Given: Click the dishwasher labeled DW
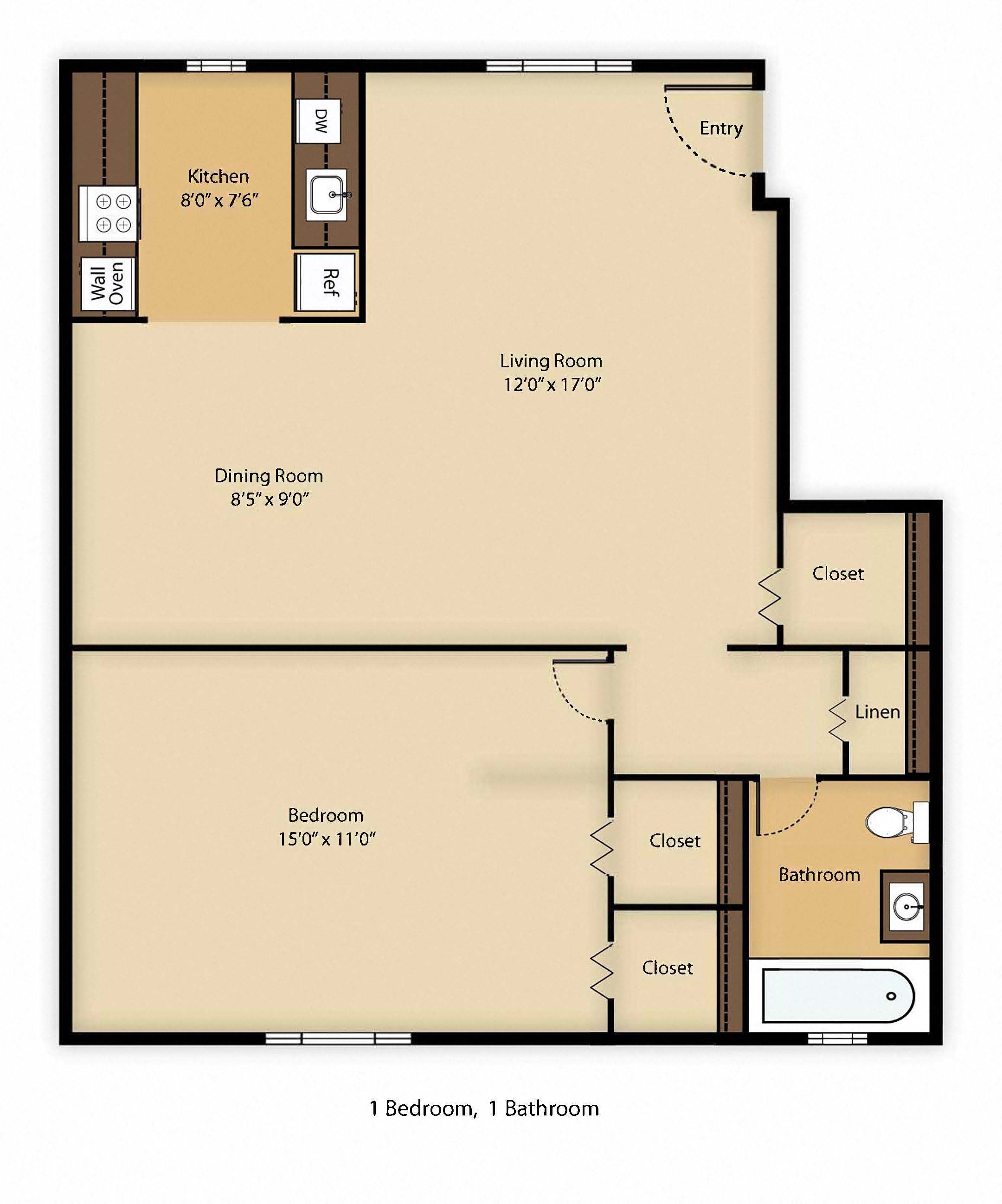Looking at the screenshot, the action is pyautogui.click(x=318, y=121).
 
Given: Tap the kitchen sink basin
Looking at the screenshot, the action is pyautogui.click(x=326, y=194).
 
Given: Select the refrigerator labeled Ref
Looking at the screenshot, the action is pyautogui.click(x=325, y=282).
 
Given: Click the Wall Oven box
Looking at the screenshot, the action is pyautogui.click(x=107, y=283).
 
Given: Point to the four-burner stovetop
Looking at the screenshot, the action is pyautogui.click(x=109, y=213).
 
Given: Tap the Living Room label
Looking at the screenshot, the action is pyautogui.click(x=551, y=361).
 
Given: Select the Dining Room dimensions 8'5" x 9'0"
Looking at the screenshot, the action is pyautogui.click(x=270, y=500).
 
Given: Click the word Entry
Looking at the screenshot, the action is pyautogui.click(x=721, y=128).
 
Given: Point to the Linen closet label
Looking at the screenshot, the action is pyautogui.click(x=877, y=712).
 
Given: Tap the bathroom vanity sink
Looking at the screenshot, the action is pyautogui.click(x=906, y=907).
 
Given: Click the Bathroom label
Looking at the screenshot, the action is pyautogui.click(x=819, y=874).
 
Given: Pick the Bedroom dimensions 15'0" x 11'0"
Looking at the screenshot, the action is pyautogui.click(x=327, y=839).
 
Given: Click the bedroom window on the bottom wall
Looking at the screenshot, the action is pyautogui.click(x=338, y=1038).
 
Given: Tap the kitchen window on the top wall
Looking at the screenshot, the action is pyautogui.click(x=217, y=66).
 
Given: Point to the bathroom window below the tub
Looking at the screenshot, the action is pyautogui.click(x=837, y=1038).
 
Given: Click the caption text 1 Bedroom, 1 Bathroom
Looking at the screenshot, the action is pyautogui.click(x=484, y=1109).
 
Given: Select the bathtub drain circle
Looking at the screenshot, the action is pyautogui.click(x=891, y=996).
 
